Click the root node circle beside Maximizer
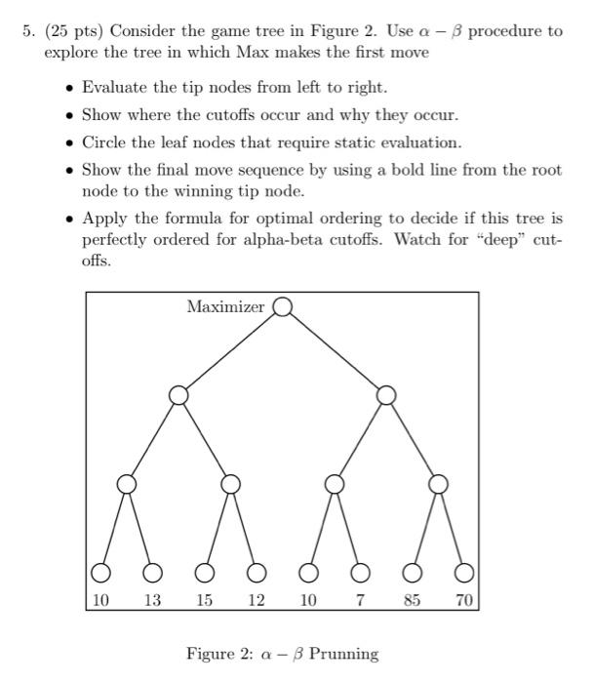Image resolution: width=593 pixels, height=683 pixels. (283, 306)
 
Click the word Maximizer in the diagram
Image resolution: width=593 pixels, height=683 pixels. (225, 306)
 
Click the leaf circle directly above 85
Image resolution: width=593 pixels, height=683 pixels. (413, 572)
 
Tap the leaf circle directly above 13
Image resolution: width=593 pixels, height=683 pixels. (153, 572)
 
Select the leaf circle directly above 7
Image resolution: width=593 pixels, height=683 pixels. (360, 572)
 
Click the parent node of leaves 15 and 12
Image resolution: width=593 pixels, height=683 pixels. (230, 484)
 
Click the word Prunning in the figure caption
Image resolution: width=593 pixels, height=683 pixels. (343, 654)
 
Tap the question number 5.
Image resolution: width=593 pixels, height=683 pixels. (29, 30)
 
